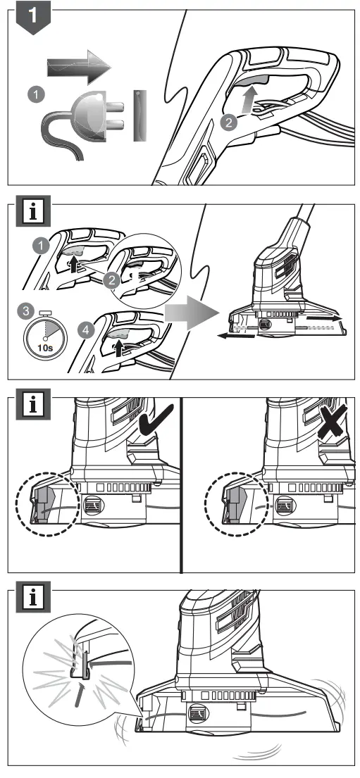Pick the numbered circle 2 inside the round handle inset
109,278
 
